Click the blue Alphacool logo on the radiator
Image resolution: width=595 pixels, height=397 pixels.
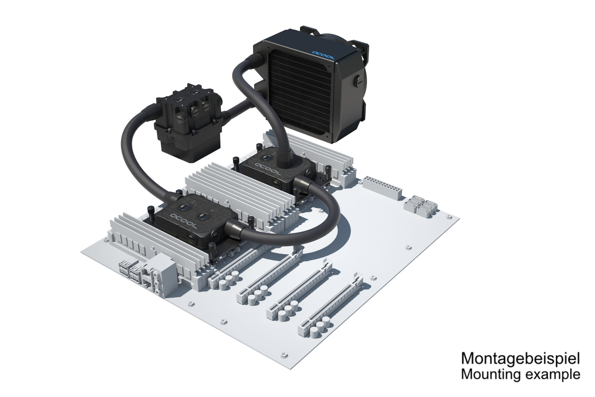(x=323, y=55)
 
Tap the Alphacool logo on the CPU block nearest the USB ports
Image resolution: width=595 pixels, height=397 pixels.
(x=183, y=221)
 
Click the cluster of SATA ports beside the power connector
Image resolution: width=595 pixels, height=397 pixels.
(x=420, y=206)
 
